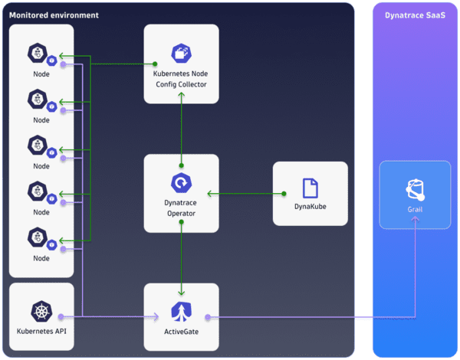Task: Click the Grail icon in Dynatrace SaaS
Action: [414, 188]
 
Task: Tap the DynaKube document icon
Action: [310, 188]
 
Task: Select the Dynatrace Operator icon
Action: [181, 183]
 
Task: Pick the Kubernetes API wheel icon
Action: [41, 312]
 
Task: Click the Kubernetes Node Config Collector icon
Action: [181, 54]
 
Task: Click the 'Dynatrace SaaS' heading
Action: [414, 15]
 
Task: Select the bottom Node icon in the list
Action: [38, 237]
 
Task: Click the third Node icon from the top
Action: [38, 146]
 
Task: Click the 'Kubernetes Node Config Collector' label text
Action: [181, 79]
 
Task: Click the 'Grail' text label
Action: [414, 208]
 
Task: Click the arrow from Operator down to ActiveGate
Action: [181, 260]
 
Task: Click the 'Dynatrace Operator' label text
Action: [181, 208]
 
